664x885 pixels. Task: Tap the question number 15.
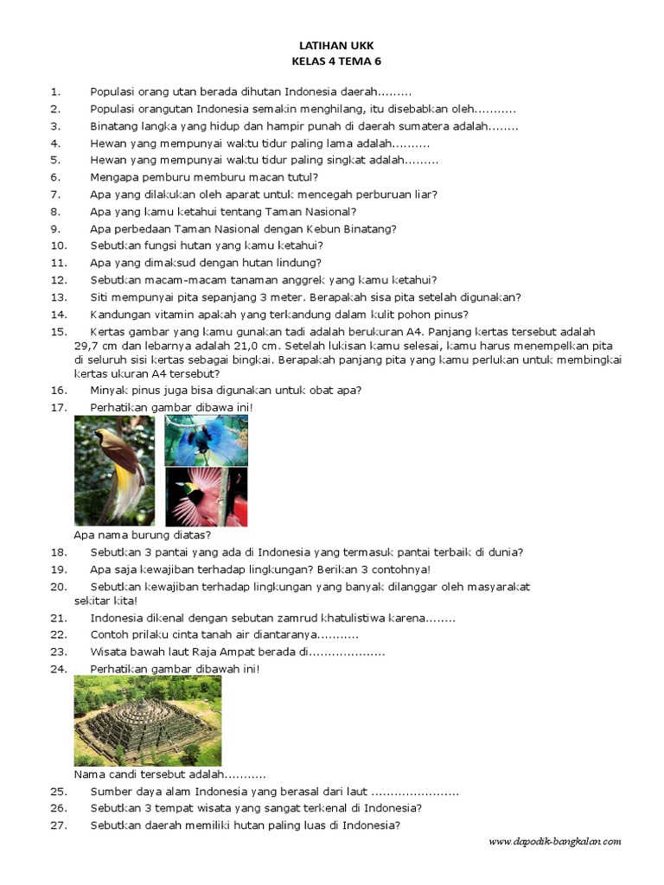(58, 332)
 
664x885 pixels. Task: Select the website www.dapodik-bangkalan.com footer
(554, 841)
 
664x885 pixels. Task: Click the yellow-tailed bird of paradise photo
(115, 470)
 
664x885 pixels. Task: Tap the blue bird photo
(206, 440)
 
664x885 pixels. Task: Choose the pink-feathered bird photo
(206, 497)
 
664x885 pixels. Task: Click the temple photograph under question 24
(148, 720)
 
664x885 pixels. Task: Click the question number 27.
(58, 825)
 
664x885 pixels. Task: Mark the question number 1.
(54, 92)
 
